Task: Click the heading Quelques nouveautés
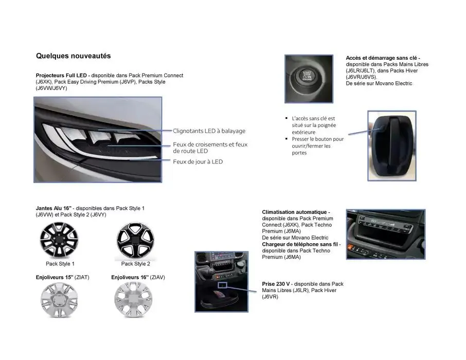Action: click(x=73, y=56)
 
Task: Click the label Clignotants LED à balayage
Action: click(x=209, y=131)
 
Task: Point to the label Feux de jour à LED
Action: click(x=198, y=161)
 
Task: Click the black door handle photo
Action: click(x=392, y=146)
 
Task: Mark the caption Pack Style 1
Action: click(x=60, y=264)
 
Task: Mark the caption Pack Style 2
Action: click(x=135, y=264)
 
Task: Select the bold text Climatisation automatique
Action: click(x=295, y=212)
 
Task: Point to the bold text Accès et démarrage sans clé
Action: click(x=383, y=58)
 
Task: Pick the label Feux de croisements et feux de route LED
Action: click(x=210, y=148)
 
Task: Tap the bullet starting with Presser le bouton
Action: click(x=317, y=146)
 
